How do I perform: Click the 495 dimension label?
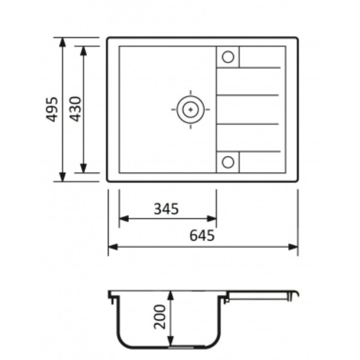point(52,109)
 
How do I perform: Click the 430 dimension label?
point(76,109)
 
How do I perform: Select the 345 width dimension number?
point(166,209)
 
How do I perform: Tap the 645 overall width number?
point(202,235)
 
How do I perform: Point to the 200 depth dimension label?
point(160,317)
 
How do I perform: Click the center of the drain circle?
point(190,110)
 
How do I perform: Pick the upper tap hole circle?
point(228,57)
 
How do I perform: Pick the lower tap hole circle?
point(228,162)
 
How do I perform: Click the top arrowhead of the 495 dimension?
point(62,42)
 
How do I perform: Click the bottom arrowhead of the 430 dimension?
point(83,168)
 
